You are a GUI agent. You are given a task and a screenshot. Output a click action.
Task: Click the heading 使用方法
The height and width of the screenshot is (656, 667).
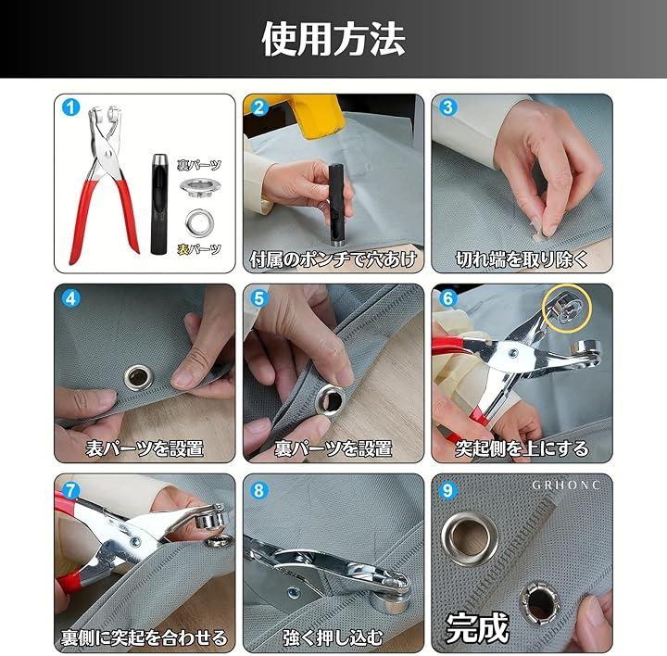coord(333,39)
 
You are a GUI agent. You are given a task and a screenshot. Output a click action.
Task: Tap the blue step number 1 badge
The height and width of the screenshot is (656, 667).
coord(70,107)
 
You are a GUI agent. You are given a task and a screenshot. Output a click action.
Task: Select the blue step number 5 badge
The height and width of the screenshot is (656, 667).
coord(259,298)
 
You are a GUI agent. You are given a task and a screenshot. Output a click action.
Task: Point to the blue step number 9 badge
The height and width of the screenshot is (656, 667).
coord(447,490)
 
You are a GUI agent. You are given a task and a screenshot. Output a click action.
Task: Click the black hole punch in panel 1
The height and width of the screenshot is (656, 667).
coord(158,204)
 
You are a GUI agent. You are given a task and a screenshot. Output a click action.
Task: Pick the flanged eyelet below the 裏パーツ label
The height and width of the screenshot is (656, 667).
coord(200,187)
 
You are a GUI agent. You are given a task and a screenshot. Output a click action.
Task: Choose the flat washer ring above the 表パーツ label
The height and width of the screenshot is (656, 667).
coord(198,221)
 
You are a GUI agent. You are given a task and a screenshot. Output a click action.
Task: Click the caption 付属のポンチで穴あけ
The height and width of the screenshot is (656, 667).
coord(333,259)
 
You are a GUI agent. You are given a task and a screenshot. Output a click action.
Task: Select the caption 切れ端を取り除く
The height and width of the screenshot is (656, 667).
coord(522,259)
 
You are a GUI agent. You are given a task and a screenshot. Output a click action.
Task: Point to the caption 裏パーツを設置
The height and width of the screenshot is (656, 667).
coord(333,448)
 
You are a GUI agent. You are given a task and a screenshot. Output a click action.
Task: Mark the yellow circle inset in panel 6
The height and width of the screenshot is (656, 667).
coord(567,308)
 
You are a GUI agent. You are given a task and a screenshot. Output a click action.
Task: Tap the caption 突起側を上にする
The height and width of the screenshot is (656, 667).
coord(522,448)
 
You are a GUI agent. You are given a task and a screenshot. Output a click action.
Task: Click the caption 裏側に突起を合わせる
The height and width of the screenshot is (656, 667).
coord(145,637)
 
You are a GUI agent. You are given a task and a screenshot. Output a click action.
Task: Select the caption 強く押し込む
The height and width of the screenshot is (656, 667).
coord(333,637)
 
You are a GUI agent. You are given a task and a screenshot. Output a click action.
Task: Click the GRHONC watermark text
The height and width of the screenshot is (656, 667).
coord(565,485)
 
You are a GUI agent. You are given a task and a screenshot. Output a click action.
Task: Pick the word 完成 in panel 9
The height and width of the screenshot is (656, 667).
coord(477,628)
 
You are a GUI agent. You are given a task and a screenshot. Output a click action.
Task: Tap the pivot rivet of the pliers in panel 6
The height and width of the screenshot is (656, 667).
coord(513,352)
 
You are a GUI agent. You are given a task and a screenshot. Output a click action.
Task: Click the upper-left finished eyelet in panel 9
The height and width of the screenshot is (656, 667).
coord(470,538)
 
